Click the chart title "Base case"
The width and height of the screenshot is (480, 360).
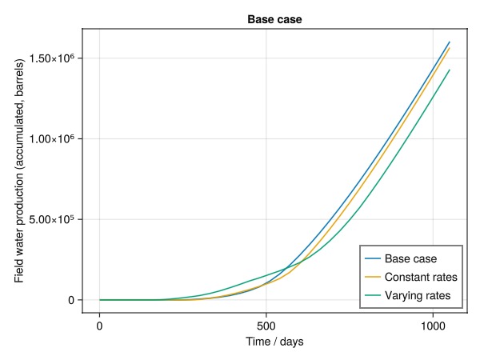[274, 18]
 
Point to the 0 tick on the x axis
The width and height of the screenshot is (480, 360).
[99, 326]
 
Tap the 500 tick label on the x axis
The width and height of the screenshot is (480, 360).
[266, 326]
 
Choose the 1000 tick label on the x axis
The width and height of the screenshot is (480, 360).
[433, 326]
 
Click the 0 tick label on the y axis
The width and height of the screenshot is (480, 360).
[71, 300]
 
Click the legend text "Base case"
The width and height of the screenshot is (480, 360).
[410, 258]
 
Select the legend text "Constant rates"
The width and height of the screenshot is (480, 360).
[421, 278]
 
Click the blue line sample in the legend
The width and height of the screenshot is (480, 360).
[373, 258]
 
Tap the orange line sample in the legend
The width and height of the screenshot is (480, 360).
[373, 278]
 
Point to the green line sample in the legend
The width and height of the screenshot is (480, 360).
[373, 297]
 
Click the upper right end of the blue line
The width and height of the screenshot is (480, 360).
[450, 42]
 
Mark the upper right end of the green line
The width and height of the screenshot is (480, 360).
[450, 70]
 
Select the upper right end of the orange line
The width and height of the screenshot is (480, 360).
[450, 48]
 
